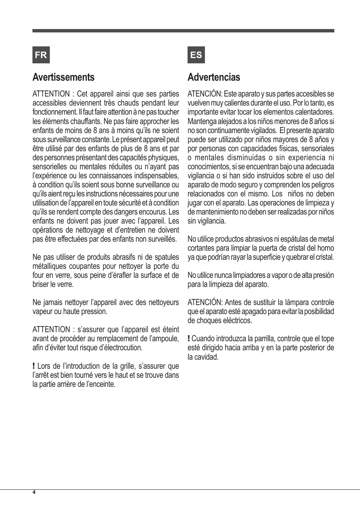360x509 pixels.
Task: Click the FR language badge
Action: click(x=41, y=55)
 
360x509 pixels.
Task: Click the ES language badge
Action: click(x=196, y=55)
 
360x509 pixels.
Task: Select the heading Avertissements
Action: click(x=63, y=77)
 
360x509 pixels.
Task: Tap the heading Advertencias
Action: click(x=214, y=77)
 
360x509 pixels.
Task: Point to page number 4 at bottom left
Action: click(x=34, y=492)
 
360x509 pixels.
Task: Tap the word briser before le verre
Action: click(x=40, y=284)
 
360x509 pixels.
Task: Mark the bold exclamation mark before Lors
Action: click(x=34, y=366)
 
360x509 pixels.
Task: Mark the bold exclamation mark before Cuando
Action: click(x=189, y=339)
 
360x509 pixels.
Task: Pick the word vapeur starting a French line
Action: click(x=42, y=311)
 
